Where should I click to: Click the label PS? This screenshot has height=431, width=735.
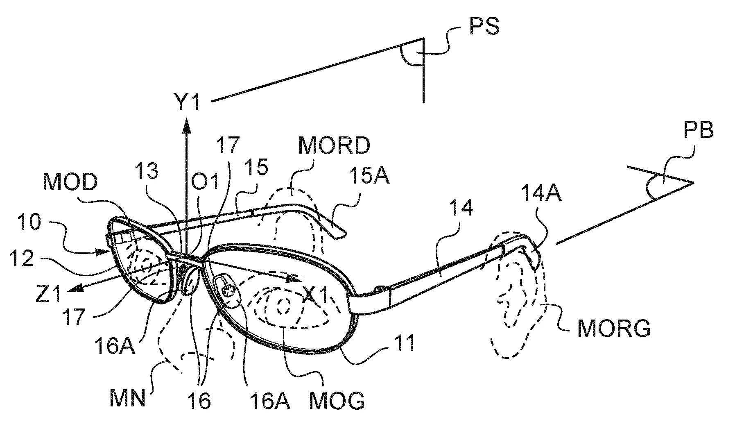tap(483, 26)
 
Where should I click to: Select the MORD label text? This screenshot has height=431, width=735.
tap(334, 145)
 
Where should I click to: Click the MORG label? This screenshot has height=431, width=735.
tap(613, 329)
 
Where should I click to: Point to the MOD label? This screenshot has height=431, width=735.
tap(70, 183)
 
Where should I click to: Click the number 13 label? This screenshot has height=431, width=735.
tap(147, 172)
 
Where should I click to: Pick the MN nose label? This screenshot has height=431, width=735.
tap(128, 399)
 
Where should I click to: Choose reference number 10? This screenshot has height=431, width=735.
tap(29, 224)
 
